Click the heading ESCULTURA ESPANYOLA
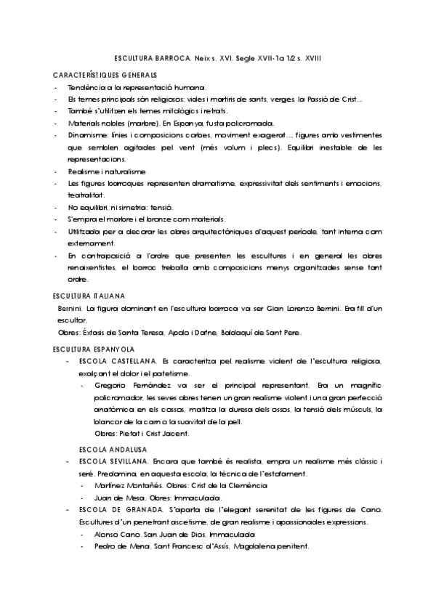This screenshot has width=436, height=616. pyautogui.click(x=92, y=349)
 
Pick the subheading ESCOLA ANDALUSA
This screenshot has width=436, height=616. pyautogui.click(x=110, y=448)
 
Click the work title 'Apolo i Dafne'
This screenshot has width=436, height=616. pyautogui.click(x=191, y=333)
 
